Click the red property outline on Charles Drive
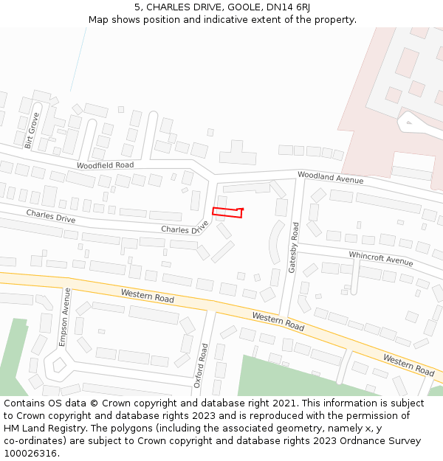click(227, 212)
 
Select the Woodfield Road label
click(105, 165)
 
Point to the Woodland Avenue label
click(330, 177)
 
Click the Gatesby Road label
click(294, 248)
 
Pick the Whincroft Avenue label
click(381, 258)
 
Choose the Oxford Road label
click(204, 365)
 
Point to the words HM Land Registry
click(40, 429)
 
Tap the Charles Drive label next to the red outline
click(185, 230)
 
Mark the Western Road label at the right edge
click(408, 364)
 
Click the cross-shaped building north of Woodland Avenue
click(236, 153)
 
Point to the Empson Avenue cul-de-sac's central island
click(59, 364)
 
